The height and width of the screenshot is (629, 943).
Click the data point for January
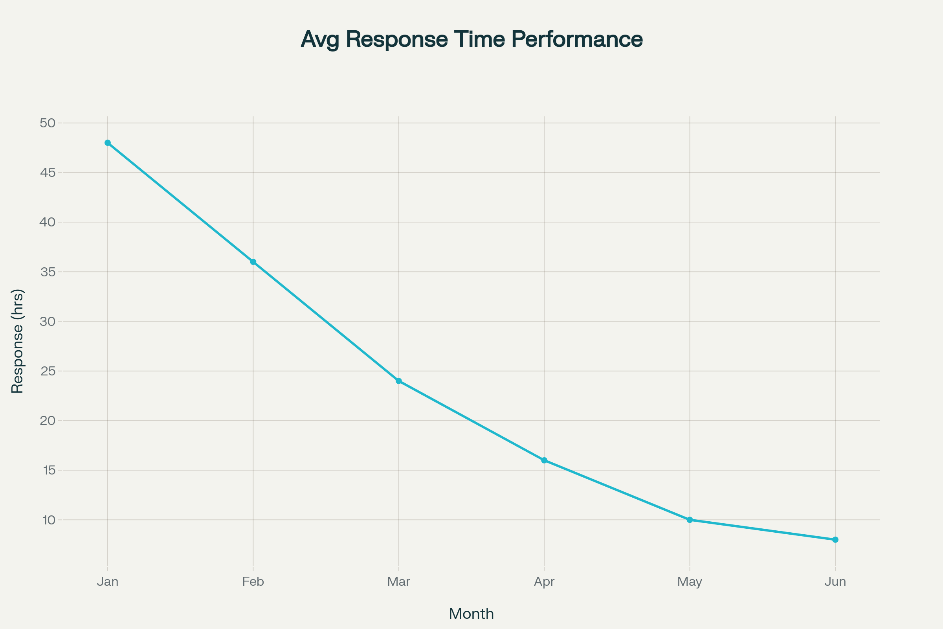pos(107,143)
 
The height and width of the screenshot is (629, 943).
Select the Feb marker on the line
pos(253,262)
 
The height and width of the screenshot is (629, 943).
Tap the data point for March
pos(398,381)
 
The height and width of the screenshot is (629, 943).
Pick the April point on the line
pos(544,460)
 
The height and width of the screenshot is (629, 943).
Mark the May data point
pos(690,520)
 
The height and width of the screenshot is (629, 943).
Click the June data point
pos(835,539)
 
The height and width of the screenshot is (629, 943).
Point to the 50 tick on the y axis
pos(47,123)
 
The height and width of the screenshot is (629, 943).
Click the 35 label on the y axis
pos(48,272)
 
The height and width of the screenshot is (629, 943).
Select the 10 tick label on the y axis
pos(48,520)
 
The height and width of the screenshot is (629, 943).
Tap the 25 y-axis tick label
pos(48,371)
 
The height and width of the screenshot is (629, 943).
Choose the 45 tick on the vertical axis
pos(48,173)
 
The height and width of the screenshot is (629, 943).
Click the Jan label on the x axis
pos(107,582)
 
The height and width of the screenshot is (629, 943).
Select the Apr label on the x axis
pos(544,582)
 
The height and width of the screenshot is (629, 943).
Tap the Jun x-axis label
pos(835,582)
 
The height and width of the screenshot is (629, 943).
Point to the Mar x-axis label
pos(398,582)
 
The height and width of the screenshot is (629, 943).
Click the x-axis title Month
pos(471,614)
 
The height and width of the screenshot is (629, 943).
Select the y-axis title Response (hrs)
pos(17,341)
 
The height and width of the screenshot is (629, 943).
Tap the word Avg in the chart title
pos(319,39)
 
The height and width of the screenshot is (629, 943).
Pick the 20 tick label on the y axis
pos(48,420)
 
